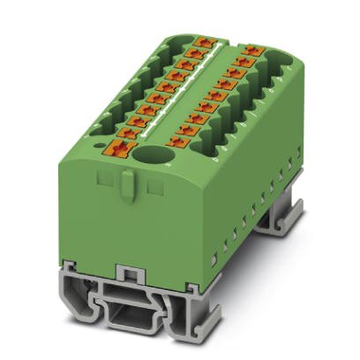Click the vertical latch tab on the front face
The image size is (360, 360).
(127, 184)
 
